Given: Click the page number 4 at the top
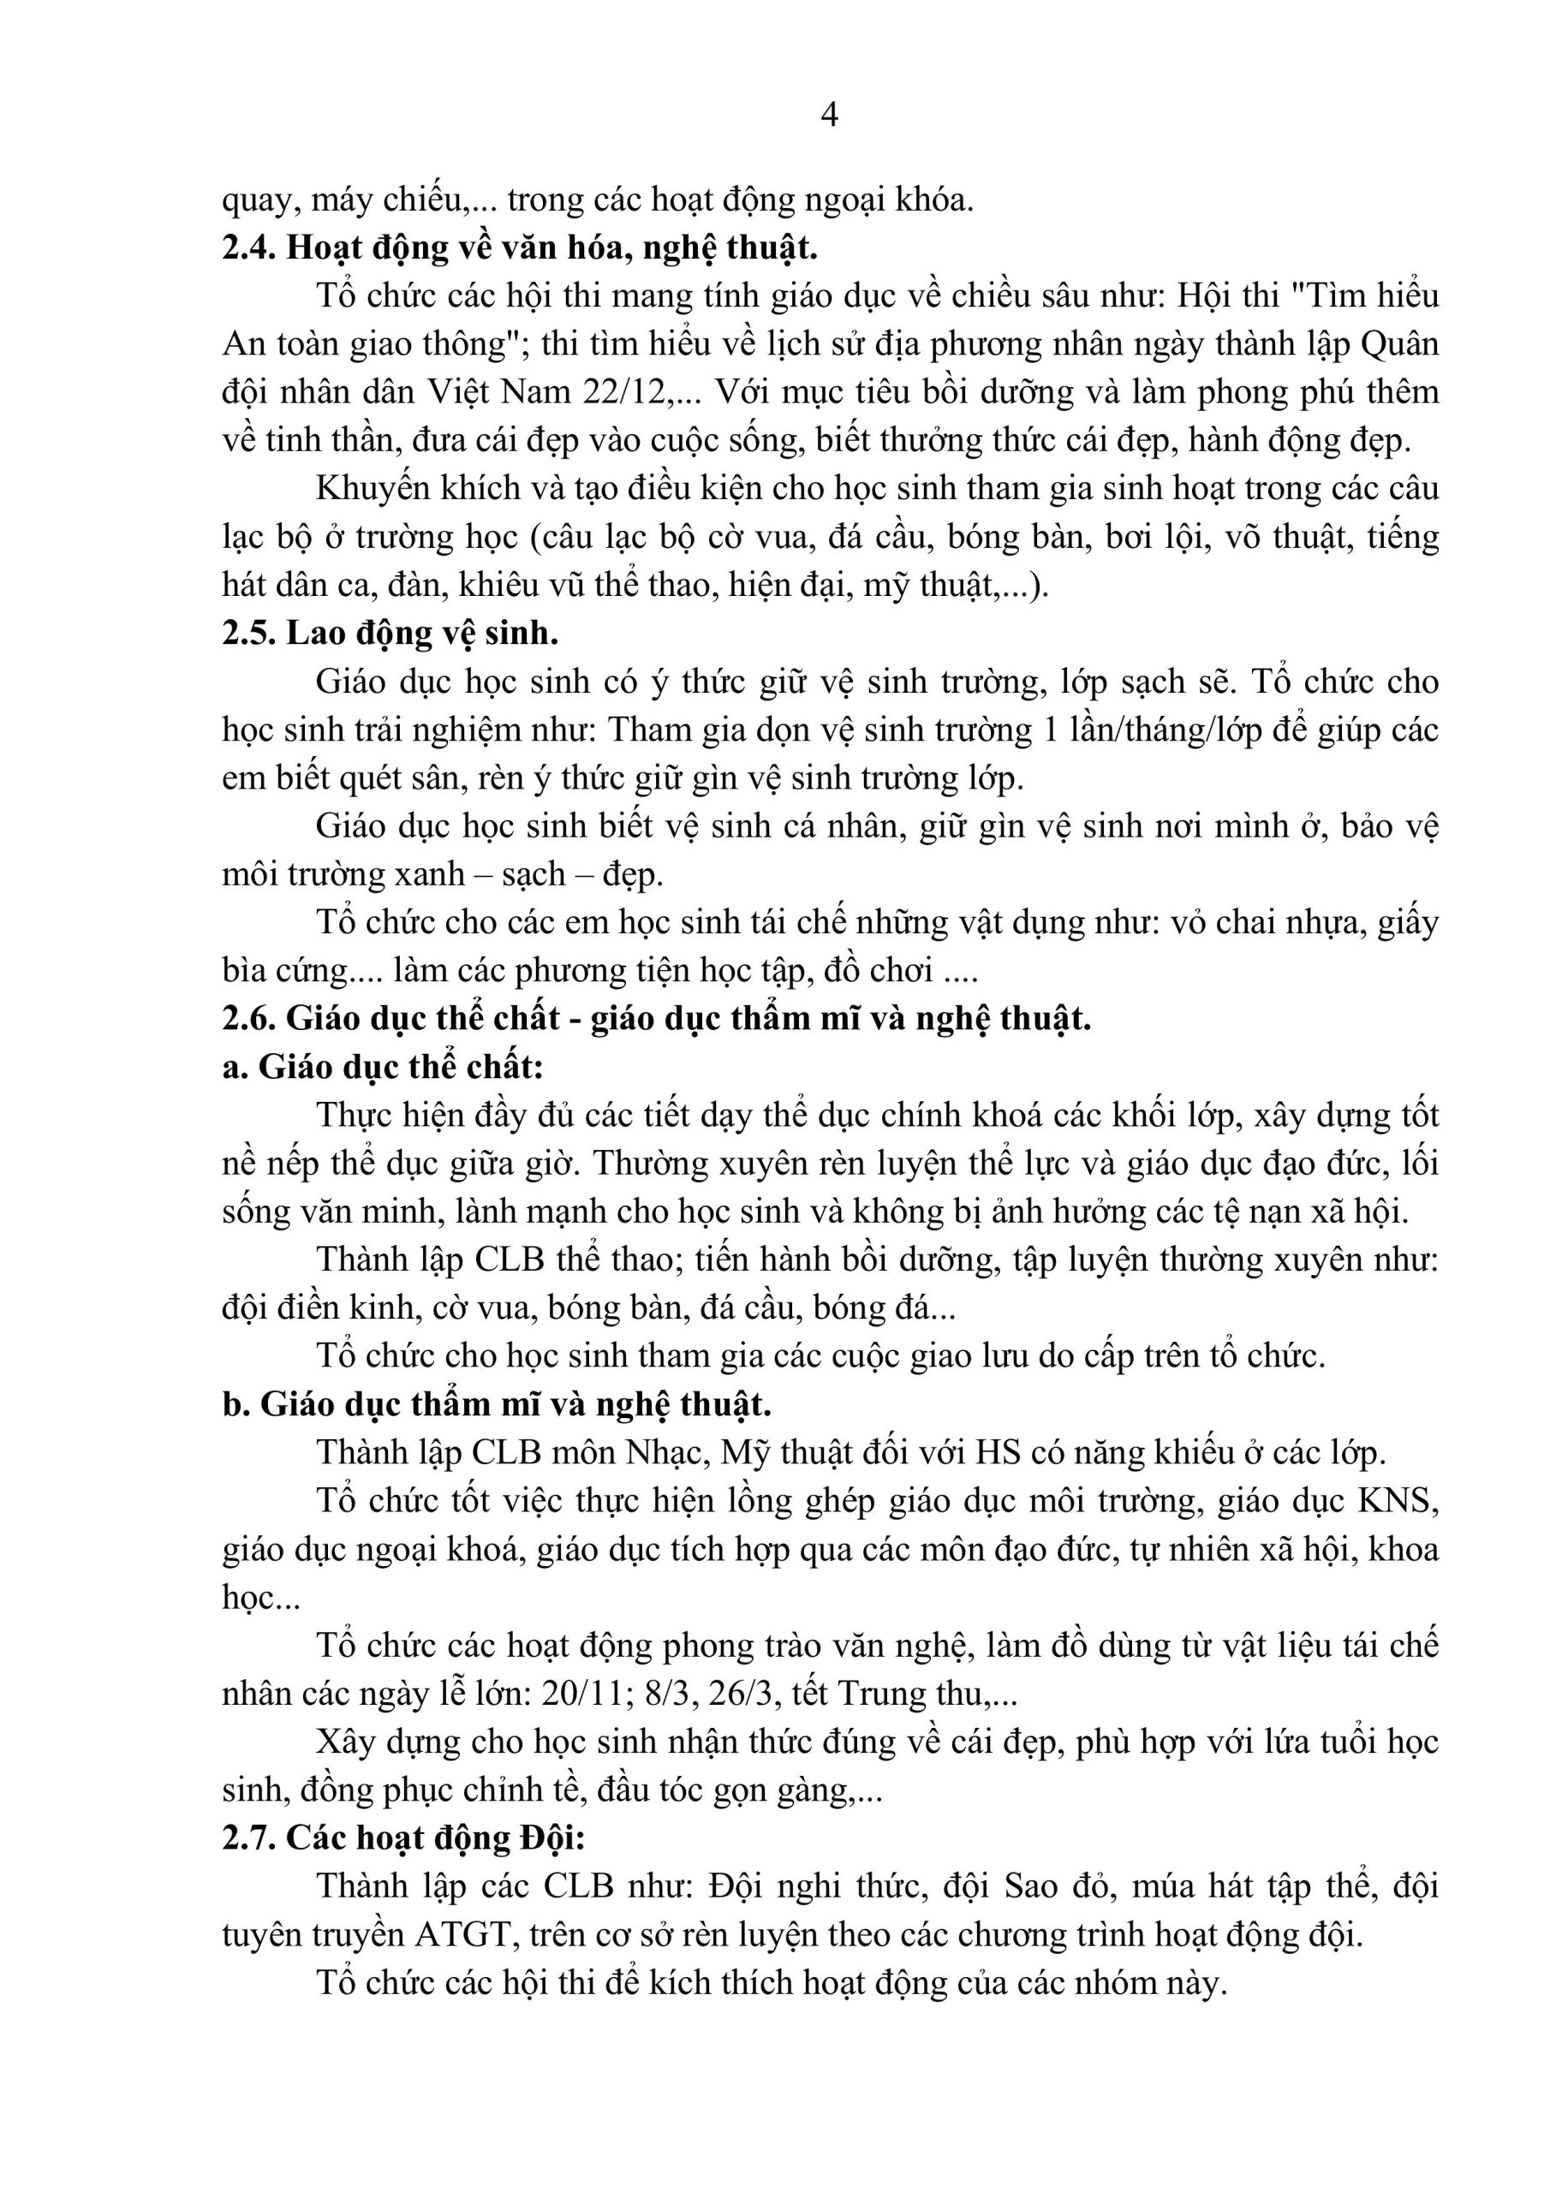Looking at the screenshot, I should click(x=829, y=116).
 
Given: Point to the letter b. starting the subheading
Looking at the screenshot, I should click(x=235, y=1404).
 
